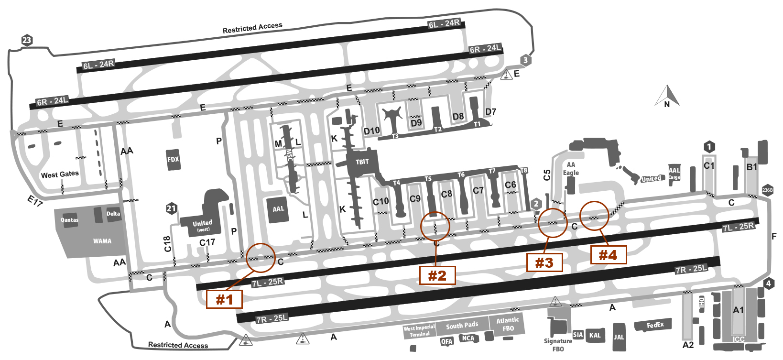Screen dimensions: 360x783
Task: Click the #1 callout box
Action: coord(224,300)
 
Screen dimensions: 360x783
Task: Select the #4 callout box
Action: coord(608,255)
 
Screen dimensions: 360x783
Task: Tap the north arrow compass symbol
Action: coord(667,96)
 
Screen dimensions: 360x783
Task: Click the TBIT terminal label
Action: coord(362,162)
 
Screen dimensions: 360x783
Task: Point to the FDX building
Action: coord(173,159)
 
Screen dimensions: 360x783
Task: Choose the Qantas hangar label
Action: coord(69,220)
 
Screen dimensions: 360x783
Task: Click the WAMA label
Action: coord(102,241)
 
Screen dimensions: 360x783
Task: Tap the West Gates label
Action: coord(60,175)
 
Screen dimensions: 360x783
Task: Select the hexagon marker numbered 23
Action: coord(27,41)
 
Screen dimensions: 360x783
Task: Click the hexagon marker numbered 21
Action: coord(172,208)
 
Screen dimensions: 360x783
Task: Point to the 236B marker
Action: coord(767,190)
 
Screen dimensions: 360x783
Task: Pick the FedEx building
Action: coord(655,326)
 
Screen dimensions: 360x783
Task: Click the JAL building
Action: coord(619,337)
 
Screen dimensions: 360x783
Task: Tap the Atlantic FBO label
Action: coord(508,325)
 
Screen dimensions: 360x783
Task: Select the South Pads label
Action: coord(462,326)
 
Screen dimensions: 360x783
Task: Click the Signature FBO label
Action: coord(558,345)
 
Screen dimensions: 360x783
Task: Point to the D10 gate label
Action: coord(371,131)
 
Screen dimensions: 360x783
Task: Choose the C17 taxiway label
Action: coord(207,243)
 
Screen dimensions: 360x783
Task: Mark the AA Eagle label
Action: coord(571,169)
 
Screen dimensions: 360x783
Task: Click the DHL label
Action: coord(702,303)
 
